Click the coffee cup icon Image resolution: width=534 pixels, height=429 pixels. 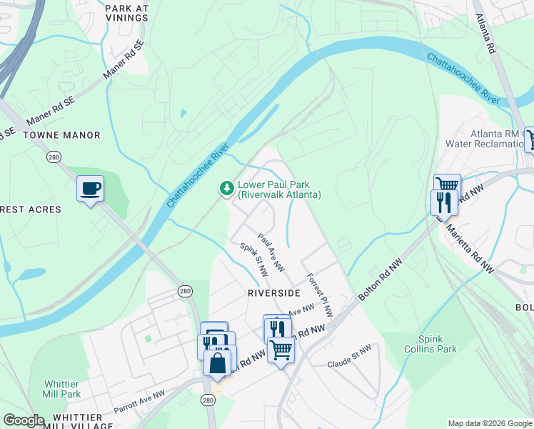point(90,189)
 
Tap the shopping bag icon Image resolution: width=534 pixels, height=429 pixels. point(217,362)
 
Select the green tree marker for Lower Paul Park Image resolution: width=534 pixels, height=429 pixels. point(226,189)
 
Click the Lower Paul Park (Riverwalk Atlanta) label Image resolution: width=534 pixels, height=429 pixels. point(279,189)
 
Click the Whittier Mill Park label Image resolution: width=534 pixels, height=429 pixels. point(62,389)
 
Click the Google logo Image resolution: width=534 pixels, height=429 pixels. point(24,420)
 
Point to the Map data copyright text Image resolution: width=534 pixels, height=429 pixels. point(490,423)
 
